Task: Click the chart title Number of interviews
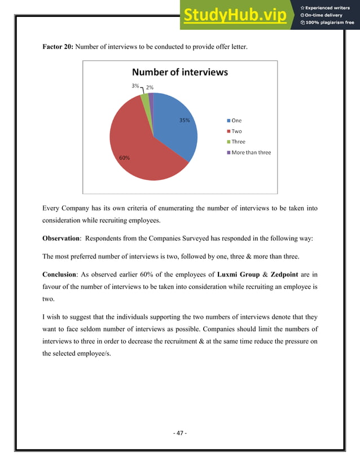pos(179,72)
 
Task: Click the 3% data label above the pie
pos(135,86)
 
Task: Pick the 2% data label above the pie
pos(150,87)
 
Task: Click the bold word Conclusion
pos(59,274)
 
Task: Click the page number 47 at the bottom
pos(180,433)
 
